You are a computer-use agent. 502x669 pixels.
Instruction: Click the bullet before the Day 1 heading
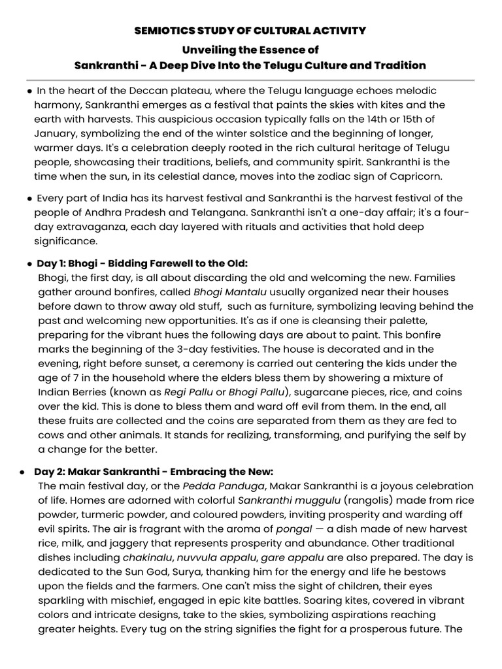pyautogui.click(x=30, y=264)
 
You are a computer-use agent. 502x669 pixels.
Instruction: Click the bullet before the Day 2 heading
pyautogui.click(x=23, y=472)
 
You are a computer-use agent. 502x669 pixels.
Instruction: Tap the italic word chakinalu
pyautogui.click(x=148, y=557)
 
